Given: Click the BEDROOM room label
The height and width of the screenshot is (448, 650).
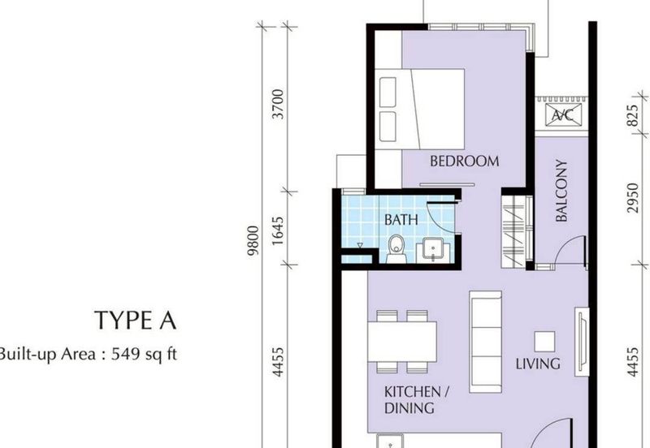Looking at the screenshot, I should point(464,162).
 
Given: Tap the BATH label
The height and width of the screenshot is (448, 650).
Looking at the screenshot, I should point(401,219).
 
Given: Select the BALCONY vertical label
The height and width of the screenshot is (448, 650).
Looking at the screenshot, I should point(561,191).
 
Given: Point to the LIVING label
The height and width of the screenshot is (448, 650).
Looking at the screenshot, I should point(538,364).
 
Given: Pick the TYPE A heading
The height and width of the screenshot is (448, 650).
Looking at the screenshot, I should point(135,321).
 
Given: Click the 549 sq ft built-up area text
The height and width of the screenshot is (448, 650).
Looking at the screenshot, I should point(89,353).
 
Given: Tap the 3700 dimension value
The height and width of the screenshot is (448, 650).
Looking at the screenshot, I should point(279,105).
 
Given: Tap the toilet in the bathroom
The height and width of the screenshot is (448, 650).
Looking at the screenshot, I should point(396,248).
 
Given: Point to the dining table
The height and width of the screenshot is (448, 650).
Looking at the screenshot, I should point(401,342).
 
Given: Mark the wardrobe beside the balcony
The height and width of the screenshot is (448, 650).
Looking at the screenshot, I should point(514,230).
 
